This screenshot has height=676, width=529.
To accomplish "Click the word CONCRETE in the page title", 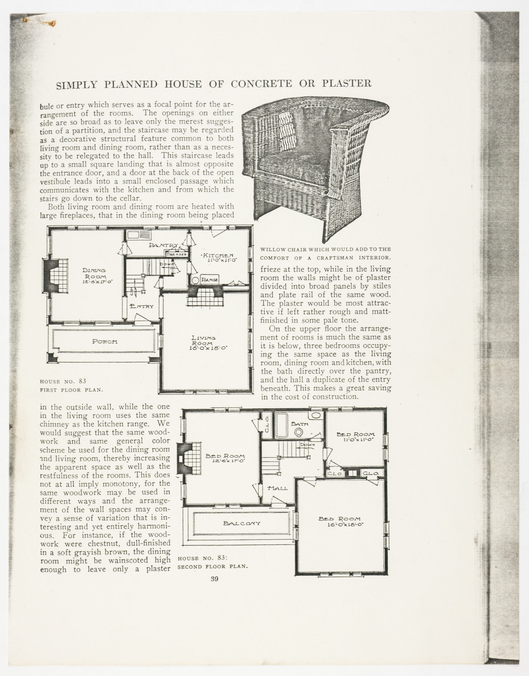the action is (261, 84).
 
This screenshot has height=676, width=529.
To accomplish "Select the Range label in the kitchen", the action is (209, 280).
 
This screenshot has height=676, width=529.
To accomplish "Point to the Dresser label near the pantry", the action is (177, 254).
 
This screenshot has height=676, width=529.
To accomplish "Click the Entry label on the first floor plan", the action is (142, 306).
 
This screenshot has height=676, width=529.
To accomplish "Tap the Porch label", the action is (105, 342).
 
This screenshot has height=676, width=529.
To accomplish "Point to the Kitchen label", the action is (218, 255).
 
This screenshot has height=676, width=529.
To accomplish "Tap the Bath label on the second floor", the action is (300, 424).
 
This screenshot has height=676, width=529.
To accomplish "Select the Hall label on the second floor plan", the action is (277, 488).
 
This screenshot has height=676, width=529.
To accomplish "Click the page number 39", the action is (214, 579).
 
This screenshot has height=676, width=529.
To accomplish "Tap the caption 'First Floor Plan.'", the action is (71, 390).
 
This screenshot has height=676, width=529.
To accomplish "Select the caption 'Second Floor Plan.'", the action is (213, 567).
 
